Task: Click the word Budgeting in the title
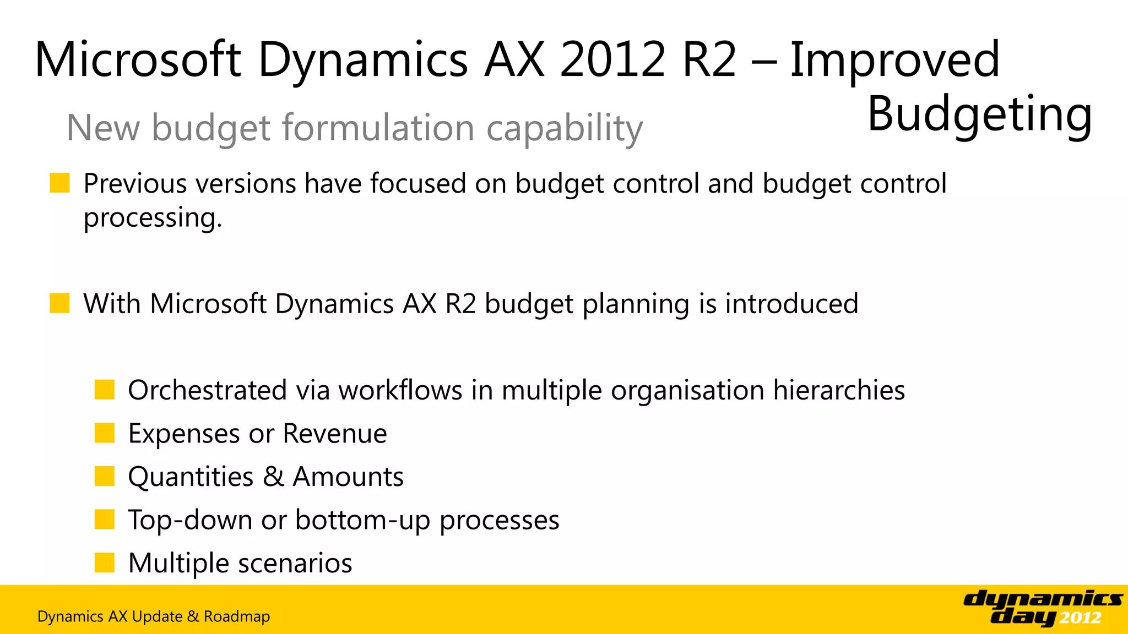point(979,114)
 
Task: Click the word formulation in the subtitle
point(378,128)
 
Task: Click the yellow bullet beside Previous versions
point(59,183)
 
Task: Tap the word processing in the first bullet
point(153,218)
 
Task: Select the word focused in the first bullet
point(418,183)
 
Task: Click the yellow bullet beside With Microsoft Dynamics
point(59,303)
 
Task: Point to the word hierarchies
point(839,390)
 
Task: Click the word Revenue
point(335,434)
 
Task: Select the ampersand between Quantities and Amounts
point(273,477)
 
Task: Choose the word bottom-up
point(362,520)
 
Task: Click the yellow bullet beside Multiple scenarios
point(104,563)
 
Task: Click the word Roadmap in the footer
point(237,616)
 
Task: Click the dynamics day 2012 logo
point(1043,608)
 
